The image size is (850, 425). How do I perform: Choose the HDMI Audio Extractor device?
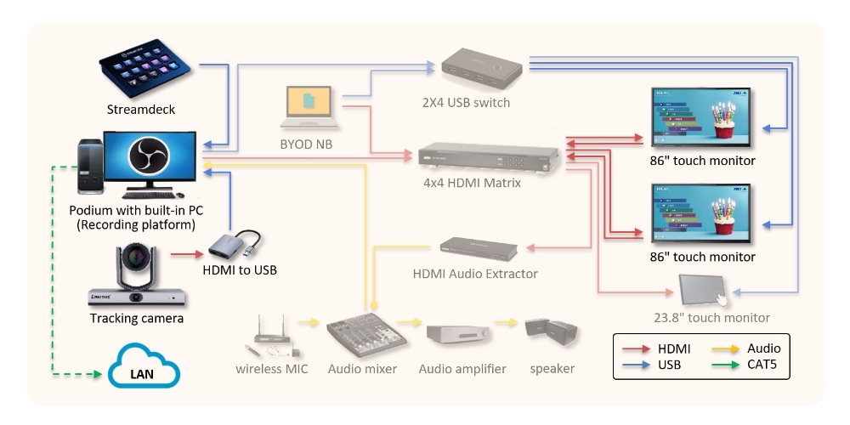(479, 247)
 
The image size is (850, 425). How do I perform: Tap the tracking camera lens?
(137, 258)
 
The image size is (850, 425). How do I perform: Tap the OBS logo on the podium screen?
(150, 157)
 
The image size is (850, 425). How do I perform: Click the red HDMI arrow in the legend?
(637, 348)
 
